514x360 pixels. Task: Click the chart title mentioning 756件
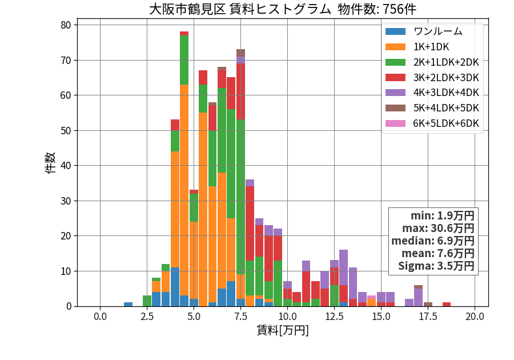click(283, 9)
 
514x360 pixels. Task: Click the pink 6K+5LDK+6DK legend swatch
click(395, 123)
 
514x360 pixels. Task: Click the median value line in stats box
click(433, 241)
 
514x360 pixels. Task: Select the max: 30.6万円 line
click(438, 228)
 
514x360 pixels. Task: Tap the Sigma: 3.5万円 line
click(436, 266)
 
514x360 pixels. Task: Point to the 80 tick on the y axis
click(66, 25)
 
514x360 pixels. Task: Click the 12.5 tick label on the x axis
click(334, 317)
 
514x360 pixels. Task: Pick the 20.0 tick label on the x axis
click(475, 317)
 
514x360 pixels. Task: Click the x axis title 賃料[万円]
click(283, 330)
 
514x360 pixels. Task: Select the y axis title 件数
click(50, 163)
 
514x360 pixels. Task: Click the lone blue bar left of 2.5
click(128, 304)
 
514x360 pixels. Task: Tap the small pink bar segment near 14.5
click(371, 297)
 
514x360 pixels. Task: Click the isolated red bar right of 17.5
click(447, 304)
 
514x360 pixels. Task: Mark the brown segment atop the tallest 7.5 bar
click(240, 53)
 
